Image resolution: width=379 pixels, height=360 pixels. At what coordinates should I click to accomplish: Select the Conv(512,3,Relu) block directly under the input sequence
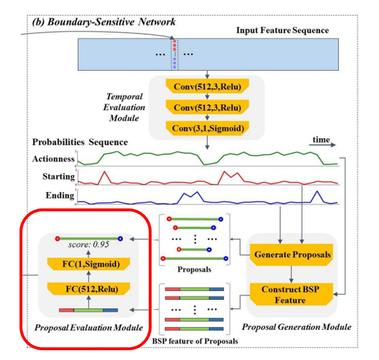(x=206, y=87)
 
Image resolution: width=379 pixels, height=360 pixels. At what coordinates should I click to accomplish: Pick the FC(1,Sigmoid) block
(x=90, y=265)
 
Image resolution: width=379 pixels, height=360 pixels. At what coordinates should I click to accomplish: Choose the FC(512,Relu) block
(x=90, y=289)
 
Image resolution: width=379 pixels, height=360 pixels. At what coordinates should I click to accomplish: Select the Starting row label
(x=59, y=176)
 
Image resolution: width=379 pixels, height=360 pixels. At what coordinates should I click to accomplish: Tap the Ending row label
(x=60, y=195)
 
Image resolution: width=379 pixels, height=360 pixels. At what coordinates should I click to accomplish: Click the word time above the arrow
(x=322, y=140)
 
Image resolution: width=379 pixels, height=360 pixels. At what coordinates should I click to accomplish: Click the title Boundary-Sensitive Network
(x=107, y=22)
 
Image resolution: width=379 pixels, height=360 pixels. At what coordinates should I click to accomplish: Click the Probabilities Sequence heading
(x=80, y=141)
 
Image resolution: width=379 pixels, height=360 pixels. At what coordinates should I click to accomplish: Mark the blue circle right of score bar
(x=121, y=238)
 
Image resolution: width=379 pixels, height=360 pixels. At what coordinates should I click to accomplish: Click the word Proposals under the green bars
(x=195, y=268)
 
